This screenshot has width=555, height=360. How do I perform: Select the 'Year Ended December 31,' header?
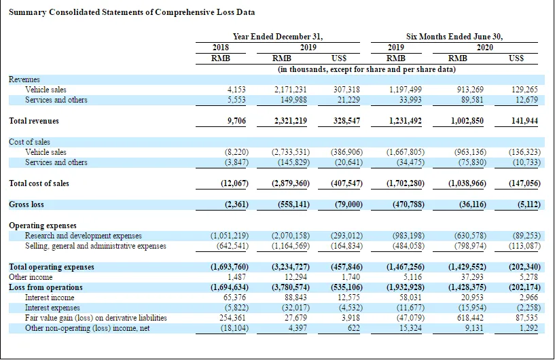click(277, 37)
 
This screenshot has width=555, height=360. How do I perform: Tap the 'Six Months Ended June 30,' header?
click(454, 37)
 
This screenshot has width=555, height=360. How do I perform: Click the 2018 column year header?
click(221, 48)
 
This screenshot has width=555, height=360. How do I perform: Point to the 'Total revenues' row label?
click(34, 121)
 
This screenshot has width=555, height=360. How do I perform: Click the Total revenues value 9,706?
click(236, 121)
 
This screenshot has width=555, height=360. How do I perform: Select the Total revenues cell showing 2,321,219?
click(291, 121)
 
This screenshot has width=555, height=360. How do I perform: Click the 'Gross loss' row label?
click(26, 204)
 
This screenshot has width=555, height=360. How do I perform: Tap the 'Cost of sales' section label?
click(29, 142)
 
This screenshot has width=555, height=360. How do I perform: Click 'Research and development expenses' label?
click(83, 236)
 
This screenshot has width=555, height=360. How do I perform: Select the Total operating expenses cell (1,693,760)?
click(230, 267)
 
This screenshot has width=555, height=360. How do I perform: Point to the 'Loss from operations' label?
click(46, 287)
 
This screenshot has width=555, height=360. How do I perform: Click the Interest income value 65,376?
click(234, 298)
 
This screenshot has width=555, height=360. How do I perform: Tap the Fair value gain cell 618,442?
click(470, 318)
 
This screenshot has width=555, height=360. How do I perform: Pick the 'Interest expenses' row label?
click(52, 308)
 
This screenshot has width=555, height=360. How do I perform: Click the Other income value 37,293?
click(472, 277)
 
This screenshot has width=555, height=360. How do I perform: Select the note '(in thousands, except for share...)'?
click(367, 69)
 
